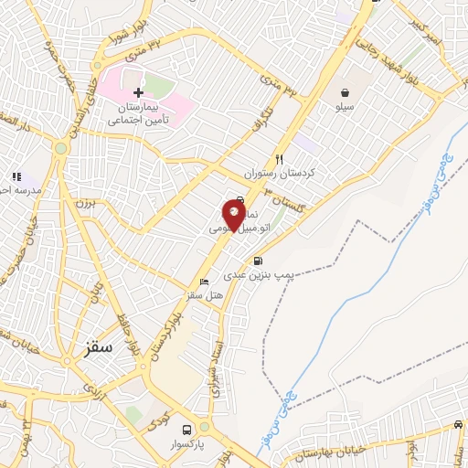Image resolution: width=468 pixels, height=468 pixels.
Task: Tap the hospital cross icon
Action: pos(138,93)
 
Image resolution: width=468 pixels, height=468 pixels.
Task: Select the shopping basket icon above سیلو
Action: pos(345,92)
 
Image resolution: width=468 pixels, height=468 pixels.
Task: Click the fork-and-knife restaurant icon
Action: pos(280,159)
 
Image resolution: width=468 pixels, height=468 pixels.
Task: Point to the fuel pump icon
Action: pos(259,261)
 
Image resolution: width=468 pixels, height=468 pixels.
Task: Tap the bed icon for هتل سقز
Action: pos(204,282)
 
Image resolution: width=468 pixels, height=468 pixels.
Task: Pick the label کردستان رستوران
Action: pos(279,173)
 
